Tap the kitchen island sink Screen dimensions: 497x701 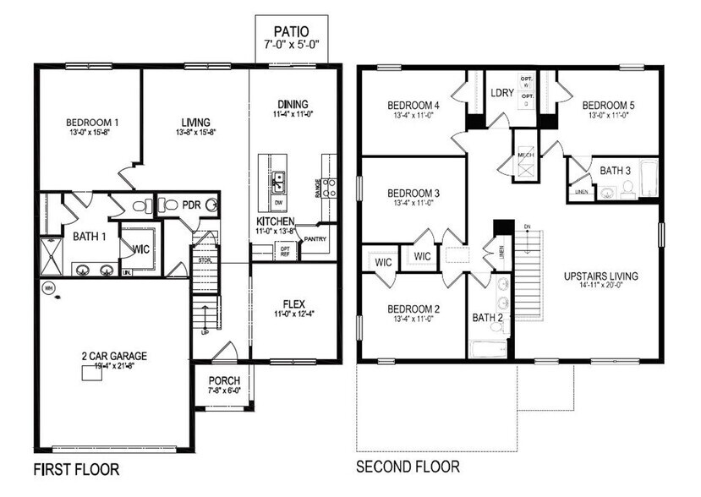click(279, 179)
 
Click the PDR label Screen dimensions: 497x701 click(192, 205)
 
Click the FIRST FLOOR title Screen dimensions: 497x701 click(76, 467)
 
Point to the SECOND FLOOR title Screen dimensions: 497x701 click(408, 467)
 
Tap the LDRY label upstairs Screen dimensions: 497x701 click(503, 94)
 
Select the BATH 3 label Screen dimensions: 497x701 click(615, 171)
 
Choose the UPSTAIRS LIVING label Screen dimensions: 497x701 click(601, 276)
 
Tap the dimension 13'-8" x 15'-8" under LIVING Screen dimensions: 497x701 click(195, 132)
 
